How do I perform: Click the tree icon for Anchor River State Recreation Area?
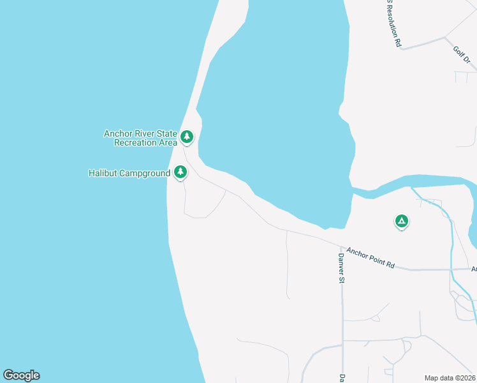click(187, 136)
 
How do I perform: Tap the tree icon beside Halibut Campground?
click(180, 172)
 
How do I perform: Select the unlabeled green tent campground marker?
click(401, 221)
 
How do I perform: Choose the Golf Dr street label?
click(462, 55)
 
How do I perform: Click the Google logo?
click(21, 375)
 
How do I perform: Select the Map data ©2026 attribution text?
click(450, 378)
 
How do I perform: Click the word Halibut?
click(103, 173)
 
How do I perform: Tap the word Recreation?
click(135, 142)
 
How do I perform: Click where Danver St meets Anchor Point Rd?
click(342, 246)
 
